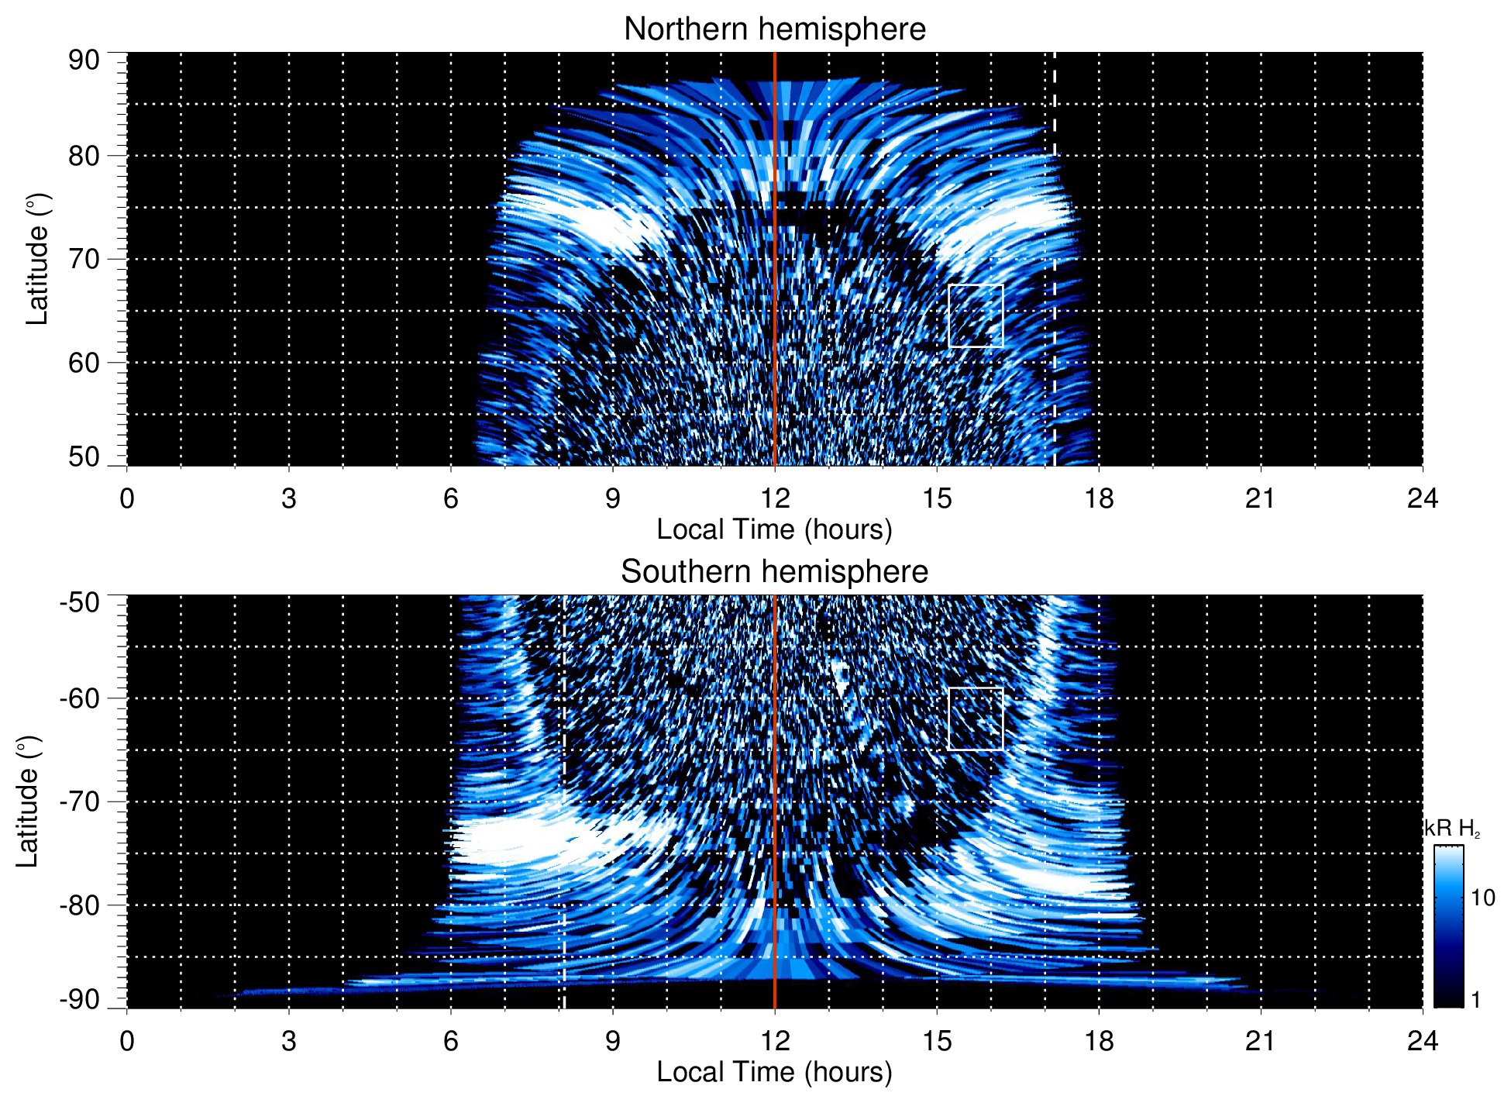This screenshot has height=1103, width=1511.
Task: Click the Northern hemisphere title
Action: pyautogui.click(x=774, y=29)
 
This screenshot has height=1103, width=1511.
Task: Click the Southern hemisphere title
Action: pyautogui.click(x=774, y=572)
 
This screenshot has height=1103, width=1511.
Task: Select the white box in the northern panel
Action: pyautogui.click(x=976, y=315)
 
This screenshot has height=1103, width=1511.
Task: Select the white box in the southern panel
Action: pyautogui.click(x=976, y=719)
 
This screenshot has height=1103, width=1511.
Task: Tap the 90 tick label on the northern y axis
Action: pyautogui.click(x=84, y=60)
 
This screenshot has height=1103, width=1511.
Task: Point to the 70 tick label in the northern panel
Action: pyautogui.click(x=84, y=259)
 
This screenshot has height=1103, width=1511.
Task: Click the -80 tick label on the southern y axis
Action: pyautogui.click(x=80, y=905)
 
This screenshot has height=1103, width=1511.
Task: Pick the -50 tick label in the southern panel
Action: pyautogui.click(x=80, y=602)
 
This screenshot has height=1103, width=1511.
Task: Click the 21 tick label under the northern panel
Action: pyautogui.click(x=1260, y=498)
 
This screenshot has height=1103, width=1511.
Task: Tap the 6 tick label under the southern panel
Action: pyautogui.click(x=451, y=1041)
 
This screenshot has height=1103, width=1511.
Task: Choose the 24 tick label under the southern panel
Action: pyautogui.click(x=1422, y=1041)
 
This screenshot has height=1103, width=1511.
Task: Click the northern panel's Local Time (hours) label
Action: pyautogui.click(x=774, y=529)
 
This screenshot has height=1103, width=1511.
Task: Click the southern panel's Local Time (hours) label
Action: pyautogui.click(x=774, y=1072)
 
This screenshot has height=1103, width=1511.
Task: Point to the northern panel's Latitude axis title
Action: pyautogui.click(x=37, y=259)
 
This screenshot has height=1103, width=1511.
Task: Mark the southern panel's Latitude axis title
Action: pyautogui.click(x=28, y=801)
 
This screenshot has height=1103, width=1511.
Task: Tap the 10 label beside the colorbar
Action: pyautogui.click(x=1482, y=898)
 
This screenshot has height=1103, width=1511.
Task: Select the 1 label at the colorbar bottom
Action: pyautogui.click(x=1475, y=1000)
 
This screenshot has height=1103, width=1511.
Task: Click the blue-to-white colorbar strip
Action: pyautogui.click(x=1448, y=926)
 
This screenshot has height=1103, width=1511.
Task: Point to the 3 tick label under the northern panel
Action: pyautogui.click(x=289, y=498)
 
